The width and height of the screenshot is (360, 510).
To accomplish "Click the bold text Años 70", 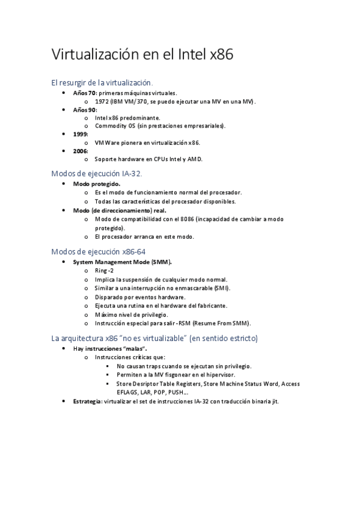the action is (x=84, y=93).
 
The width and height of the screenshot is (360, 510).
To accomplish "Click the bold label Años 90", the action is (x=84, y=110).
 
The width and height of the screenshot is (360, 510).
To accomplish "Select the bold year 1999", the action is (x=80, y=134).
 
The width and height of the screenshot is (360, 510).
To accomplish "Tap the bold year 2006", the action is (x=80, y=151).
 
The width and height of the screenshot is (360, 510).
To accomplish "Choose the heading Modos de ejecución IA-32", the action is (x=97, y=173).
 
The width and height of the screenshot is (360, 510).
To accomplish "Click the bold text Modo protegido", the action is (x=96, y=183).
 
